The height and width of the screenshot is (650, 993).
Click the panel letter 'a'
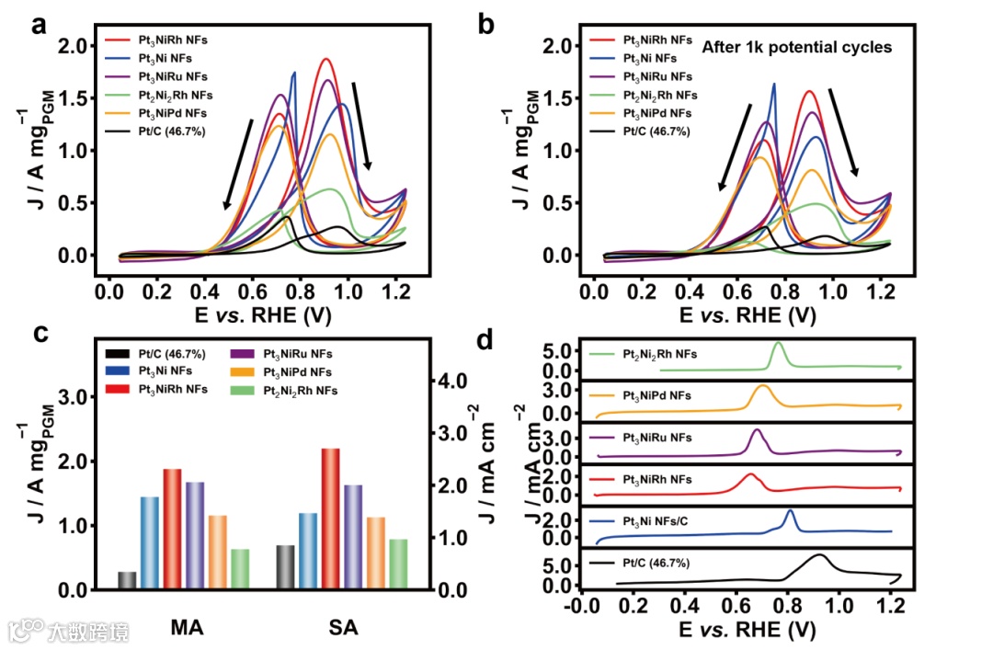[39, 25]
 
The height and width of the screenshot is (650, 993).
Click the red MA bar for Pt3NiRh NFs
[172, 529]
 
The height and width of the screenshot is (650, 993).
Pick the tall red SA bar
[330, 518]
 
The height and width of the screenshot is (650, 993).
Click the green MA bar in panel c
[240, 568]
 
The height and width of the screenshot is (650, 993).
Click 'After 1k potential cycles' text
[796, 47]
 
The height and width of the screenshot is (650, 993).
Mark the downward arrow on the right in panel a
[360, 124]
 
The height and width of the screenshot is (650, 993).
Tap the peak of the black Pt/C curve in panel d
[820, 555]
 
